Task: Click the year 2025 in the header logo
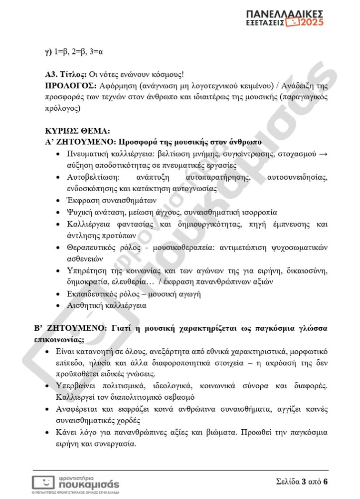point(311,23)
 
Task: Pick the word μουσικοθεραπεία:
point(175,248)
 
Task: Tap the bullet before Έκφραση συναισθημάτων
point(59,201)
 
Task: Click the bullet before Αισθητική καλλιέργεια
point(59,305)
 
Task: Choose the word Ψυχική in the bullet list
point(79,213)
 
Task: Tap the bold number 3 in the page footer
point(303,482)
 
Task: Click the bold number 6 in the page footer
point(325,482)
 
